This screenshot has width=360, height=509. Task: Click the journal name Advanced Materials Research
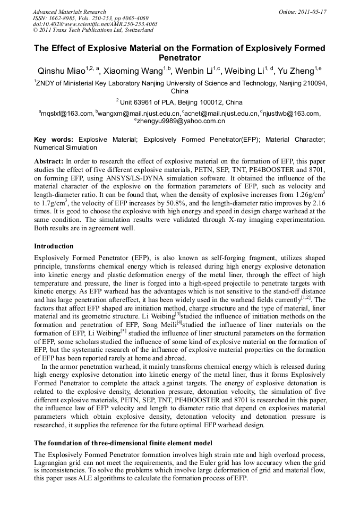coord(69,12)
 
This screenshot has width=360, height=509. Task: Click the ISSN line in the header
coord(91,18)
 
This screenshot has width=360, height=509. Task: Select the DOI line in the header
coord(95,24)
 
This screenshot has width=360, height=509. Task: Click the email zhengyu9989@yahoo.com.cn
coord(181,122)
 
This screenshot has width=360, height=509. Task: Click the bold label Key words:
coord(53,140)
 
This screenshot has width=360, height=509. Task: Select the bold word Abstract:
coord(49,161)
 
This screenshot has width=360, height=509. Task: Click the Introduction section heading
coord(54,246)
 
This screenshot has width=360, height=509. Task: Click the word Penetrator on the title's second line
coord(179,58)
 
